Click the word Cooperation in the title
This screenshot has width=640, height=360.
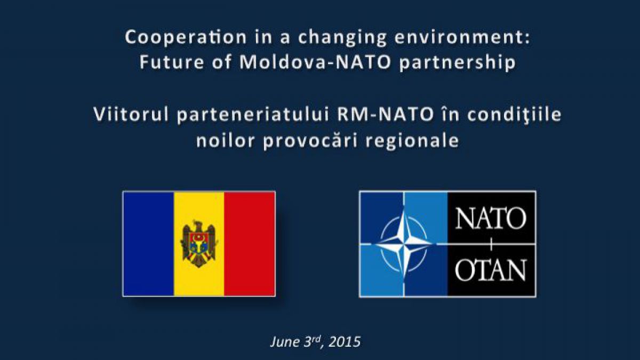click(x=186, y=38)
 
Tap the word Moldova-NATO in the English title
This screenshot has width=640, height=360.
click(x=315, y=62)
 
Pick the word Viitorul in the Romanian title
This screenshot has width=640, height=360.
click(x=131, y=114)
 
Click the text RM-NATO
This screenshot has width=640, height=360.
click(x=386, y=114)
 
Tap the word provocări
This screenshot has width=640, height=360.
click(x=310, y=141)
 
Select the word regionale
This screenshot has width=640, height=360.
click(x=412, y=141)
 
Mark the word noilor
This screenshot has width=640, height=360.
click(x=226, y=140)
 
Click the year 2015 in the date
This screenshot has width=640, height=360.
click(x=345, y=342)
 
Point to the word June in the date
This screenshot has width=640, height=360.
click(x=285, y=342)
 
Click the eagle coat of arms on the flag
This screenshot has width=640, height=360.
click(x=199, y=244)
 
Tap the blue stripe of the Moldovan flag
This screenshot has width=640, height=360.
click(x=149, y=244)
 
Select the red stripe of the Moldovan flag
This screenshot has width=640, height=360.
click(x=250, y=244)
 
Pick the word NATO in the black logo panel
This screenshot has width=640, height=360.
click(x=491, y=218)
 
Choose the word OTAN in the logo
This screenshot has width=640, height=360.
click(x=491, y=270)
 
